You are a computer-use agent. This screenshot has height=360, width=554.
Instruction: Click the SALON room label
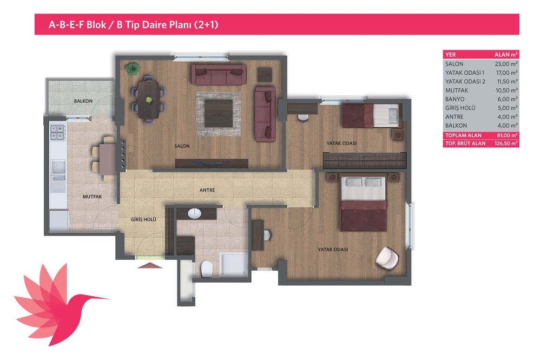(182, 146)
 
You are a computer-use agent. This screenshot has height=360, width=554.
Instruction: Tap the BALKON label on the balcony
(83, 101)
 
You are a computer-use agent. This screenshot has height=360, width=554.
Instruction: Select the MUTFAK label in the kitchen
(92, 197)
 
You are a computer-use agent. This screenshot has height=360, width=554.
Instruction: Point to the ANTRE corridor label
(207, 190)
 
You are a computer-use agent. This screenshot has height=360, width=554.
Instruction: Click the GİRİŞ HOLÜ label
(143, 219)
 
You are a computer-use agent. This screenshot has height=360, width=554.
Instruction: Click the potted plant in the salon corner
(133, 69)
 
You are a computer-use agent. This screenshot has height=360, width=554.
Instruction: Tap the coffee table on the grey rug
(219, 113)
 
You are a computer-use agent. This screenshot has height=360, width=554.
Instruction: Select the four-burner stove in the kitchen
(58, 132)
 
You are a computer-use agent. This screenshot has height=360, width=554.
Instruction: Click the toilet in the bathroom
(206, 270)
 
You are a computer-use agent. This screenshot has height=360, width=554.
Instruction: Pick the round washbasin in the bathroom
(195, 213)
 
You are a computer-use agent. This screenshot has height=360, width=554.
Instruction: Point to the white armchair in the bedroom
(387, 259)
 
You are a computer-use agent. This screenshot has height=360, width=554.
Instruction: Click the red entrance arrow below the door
(150, 265)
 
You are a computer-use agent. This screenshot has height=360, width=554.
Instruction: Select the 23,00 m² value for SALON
(506, 64)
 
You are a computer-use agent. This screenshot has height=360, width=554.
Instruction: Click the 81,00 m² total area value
(507, 135)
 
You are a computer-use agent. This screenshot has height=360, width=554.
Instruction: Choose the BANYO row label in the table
(454, 100)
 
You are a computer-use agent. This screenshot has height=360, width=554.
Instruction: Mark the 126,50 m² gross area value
(506, 143)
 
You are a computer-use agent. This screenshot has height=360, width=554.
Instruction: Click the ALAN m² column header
(506, 55)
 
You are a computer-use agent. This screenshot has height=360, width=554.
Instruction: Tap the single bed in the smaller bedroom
(371, 115)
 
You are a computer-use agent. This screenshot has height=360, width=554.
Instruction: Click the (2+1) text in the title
(206, 25)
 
